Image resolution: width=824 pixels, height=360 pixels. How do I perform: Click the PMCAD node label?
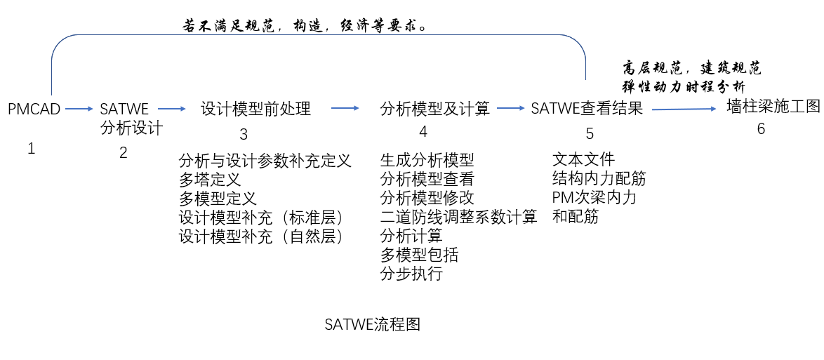coord(34,109)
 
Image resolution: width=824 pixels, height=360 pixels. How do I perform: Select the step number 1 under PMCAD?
coord(31,148)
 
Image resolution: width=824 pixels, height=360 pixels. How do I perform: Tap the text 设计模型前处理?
coord(255,109)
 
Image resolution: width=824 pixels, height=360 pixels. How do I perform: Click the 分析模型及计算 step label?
coord(435,109)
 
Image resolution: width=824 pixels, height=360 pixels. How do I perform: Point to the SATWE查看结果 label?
coord(587,109)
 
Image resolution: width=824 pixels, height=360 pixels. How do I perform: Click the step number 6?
coord(761,129)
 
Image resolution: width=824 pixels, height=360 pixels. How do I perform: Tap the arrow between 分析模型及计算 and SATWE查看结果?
coord(510,108)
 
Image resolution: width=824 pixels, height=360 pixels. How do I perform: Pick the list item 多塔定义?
coord(210,179)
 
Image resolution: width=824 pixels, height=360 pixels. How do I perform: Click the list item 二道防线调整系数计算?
coord(458,217)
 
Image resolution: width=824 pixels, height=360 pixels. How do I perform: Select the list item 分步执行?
coord(411,274)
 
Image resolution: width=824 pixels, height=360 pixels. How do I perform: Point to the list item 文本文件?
coord(583,160)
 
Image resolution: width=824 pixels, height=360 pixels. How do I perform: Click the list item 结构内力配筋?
coord(599,179)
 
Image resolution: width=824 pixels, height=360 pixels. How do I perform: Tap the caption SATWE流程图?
coord(372,325)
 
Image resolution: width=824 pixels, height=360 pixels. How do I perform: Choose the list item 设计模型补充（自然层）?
coord(261,236)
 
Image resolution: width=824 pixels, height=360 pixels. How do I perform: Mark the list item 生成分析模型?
coord(427,160)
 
